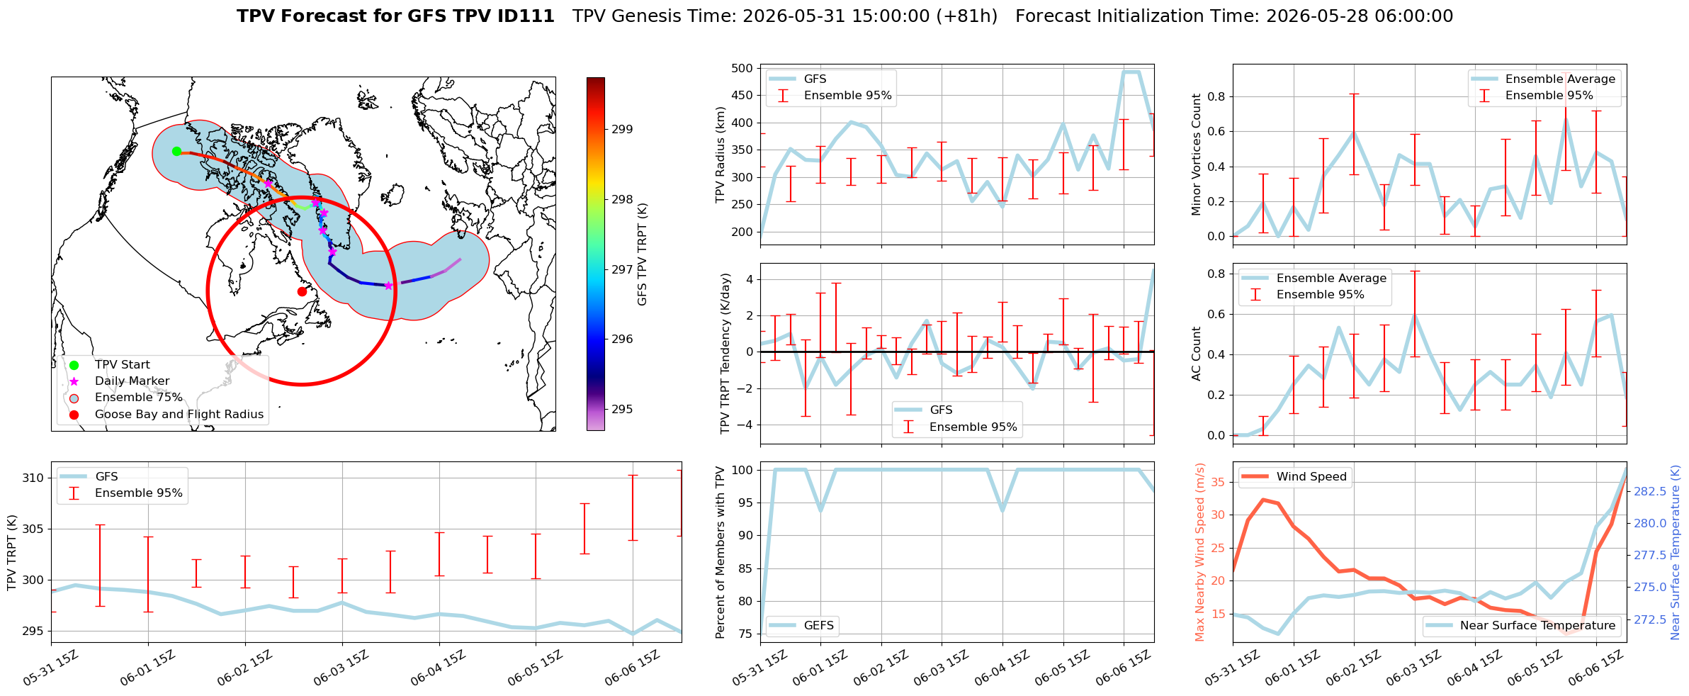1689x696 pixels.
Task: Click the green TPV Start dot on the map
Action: [176, 151]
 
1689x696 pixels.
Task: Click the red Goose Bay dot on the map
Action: [302, 291]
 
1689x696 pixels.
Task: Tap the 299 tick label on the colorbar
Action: [623, 130]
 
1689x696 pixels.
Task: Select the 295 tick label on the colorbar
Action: [623, 410]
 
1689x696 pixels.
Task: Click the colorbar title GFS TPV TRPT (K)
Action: [643, 254]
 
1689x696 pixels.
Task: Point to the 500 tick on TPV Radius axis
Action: [742, 69]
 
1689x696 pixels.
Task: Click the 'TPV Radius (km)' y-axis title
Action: [721, 155]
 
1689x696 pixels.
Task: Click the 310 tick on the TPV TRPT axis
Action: [33, 478]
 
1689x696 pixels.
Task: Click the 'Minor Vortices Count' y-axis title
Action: [1197, 155]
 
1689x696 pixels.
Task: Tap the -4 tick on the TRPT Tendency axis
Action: [745, 425]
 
